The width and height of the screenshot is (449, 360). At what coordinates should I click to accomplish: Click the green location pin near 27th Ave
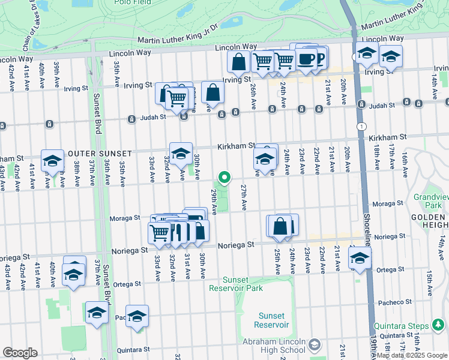click(224, 177)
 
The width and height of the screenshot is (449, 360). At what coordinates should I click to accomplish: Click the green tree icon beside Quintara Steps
click(439, 326)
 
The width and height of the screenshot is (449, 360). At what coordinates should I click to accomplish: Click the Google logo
click(20, 353)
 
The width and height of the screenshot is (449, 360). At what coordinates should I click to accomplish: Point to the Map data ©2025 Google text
click(412, 355)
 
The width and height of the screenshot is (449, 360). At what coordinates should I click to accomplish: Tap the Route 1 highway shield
click(361, 126)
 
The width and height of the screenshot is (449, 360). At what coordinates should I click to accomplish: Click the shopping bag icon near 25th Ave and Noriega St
click(280, 226)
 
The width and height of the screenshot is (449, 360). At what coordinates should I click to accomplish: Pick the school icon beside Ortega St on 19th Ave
click(360, 258)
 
